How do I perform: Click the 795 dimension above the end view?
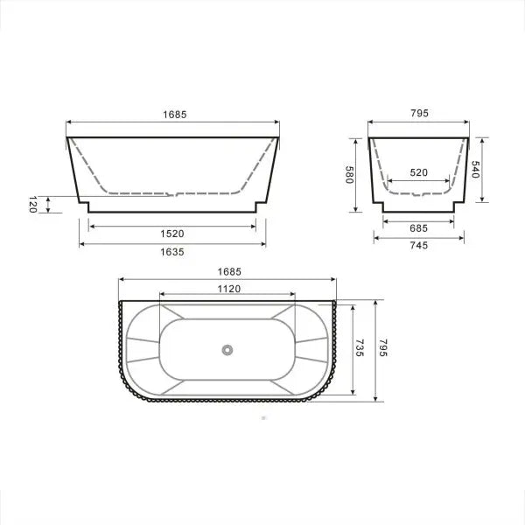click(418, 115)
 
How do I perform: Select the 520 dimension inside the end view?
click(418, 172)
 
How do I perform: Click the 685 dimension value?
click(418, 227)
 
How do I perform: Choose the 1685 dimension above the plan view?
click(227, 271)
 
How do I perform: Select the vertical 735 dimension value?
click(358, 349)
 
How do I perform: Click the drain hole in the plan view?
click(227, 350)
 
